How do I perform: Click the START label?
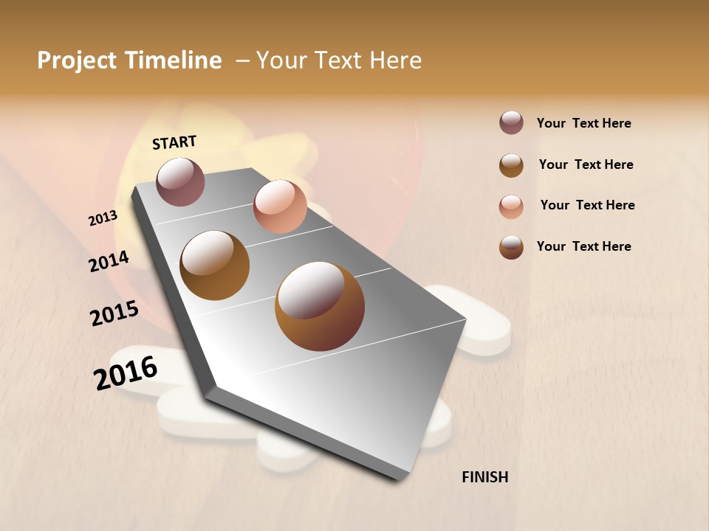pyautogui.click(x=174, y=142)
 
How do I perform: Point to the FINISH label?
pyautogui.click(x=484, y=477)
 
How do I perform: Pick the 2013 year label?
pyautogui.click(x=103, y=218)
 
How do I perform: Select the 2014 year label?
pyautogui.click(x=109, y=261)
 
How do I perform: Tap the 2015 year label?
pyautogui.click(x=114, y=314)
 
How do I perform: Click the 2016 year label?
pyautogui.click(x=126, y=374)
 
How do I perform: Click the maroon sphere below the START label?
pyautogui.click(x=180, y=181)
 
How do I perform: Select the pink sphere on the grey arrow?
pyautogui.click(x=280, y=206)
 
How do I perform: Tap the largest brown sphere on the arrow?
pyautogui.click(x=320, y=306)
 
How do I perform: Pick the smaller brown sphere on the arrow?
pyautogui.click(x=215, y=265)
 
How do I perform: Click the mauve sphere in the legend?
pyautogui.click(x=511, y=123)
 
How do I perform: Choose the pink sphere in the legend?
pyautogui.click(x=511, y=206)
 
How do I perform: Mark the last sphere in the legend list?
pyautogui.click(x=511, y=247)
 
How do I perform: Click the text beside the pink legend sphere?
pyautogui.click(x=587, y=205)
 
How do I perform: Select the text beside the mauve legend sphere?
pyautogui.click(x=583, y=123)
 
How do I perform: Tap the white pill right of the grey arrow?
pyautogui.click(x=484, y=324)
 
